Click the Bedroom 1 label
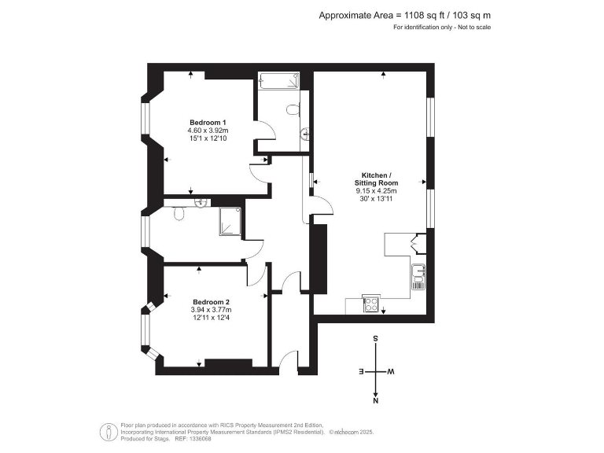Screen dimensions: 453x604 point(208,122)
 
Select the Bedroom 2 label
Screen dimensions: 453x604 point(211,302)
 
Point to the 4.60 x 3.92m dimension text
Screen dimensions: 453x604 point(208,131)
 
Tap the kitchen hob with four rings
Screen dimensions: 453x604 point(370,305)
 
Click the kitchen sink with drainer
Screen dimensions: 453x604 point(418,277)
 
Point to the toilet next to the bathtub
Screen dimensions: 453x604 point(293,110)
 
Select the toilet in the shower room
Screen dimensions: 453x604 point(178,213)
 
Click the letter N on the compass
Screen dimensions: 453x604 point(377,400)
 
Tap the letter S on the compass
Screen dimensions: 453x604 point(377,340)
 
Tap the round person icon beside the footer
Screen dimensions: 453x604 point(107,431)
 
